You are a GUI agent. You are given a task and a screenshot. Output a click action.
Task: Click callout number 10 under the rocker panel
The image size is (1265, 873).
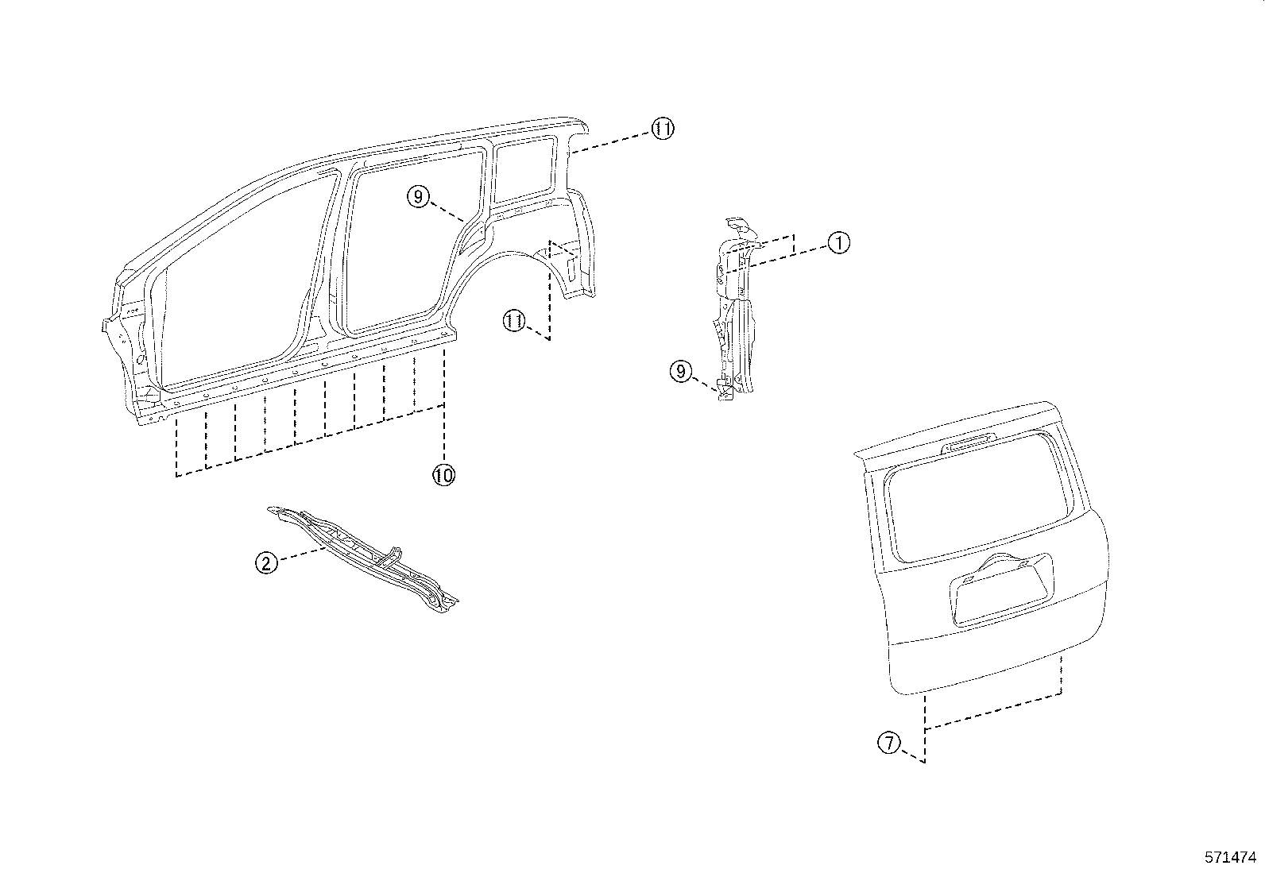pyautogui.click(x=443, y=475)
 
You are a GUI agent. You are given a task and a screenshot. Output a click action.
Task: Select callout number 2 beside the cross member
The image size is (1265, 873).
pyautogui.click(x=266, y=563)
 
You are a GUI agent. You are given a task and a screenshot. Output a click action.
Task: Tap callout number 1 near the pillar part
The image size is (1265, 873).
pyautogui.click(x=838, y=242)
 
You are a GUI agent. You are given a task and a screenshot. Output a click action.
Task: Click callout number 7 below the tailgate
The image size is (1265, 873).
pyautogui.click(x=889, y=744)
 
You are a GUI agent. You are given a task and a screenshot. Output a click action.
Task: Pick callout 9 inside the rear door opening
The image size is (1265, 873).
pyautogui.click(x=419, y=195)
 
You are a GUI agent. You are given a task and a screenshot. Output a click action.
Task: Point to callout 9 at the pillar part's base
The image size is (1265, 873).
pyautogui.click(x=680, y=370)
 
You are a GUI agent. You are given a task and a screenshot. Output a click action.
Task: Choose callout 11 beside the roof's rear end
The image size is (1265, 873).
pyautogui.click(x=662, y=129)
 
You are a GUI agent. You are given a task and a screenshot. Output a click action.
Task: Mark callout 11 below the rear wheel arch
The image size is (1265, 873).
pyautogui.click(x=514, y=321)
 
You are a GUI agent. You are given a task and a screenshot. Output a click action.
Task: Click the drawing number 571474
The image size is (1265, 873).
pyautogui.click(x=1230, y=857)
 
